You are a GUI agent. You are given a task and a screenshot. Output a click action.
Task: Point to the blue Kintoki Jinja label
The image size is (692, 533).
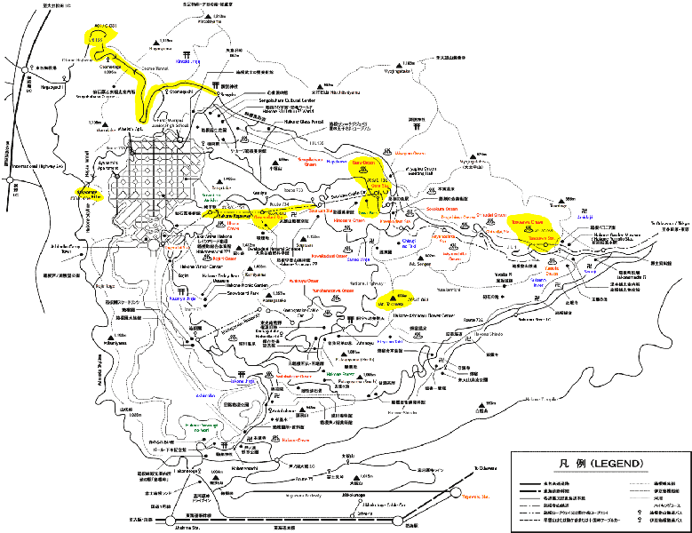coord(187,61)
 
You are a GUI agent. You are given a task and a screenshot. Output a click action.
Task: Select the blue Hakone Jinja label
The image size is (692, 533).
coord(243,381)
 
